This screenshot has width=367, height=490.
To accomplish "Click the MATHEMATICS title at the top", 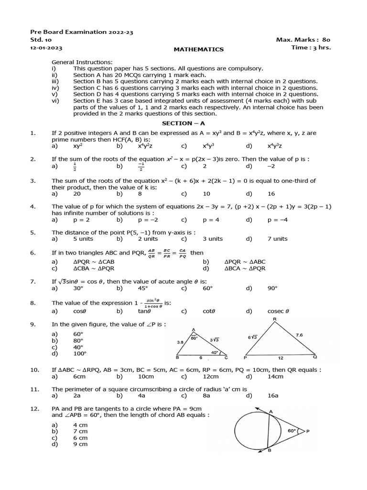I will coord(198,49).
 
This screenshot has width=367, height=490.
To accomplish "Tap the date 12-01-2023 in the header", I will coord(46,48).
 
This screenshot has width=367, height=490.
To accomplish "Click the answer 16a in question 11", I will coord(273,396).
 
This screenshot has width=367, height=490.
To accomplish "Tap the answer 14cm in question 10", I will coord(275,377).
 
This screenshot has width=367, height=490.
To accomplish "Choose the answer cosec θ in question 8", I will coord(279,311).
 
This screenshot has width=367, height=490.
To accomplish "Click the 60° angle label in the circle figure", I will coord(292,431).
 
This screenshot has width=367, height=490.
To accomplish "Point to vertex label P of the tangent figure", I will coord(308,432).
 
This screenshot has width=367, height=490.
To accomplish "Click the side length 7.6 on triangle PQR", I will coord(299,335).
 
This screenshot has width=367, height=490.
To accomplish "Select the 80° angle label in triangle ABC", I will coord(194,338).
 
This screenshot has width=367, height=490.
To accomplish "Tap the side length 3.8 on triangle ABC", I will coord(181,342).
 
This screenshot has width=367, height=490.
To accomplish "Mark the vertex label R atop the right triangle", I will coord(274,319).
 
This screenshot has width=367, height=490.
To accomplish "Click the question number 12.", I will coord(34,409).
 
